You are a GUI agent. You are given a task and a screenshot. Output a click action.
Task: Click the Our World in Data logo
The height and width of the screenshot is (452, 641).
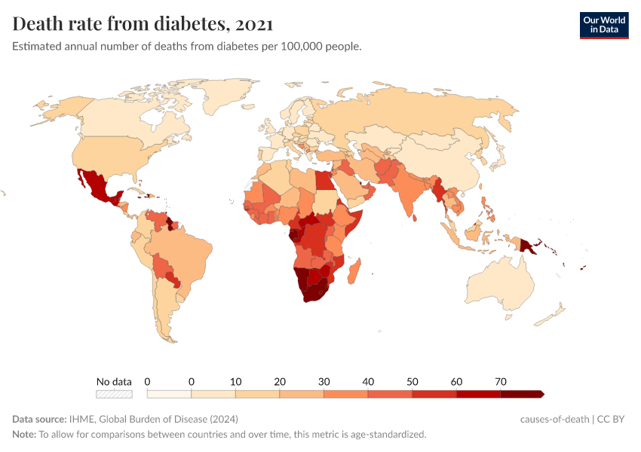tap(603, 25)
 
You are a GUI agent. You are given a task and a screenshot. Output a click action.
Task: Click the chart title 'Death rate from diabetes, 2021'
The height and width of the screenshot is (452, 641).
tap(143, 24)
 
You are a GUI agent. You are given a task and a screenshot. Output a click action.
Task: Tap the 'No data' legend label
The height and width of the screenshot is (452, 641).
tap(114, 381)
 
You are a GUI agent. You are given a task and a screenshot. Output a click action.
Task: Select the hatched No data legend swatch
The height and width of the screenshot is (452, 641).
tap(114, 394)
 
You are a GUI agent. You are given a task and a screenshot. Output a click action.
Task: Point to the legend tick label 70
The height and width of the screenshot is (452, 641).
tap(500, 381)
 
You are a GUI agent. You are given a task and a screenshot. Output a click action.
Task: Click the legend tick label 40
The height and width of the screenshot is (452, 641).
tap(368, 381)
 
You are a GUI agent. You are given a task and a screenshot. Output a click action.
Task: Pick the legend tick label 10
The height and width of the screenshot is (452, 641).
tap(235, 381)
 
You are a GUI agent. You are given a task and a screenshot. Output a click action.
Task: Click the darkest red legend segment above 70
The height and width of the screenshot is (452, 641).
tap(522, 394)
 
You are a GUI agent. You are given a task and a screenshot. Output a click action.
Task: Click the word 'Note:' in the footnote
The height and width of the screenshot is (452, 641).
tap(24, 435)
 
